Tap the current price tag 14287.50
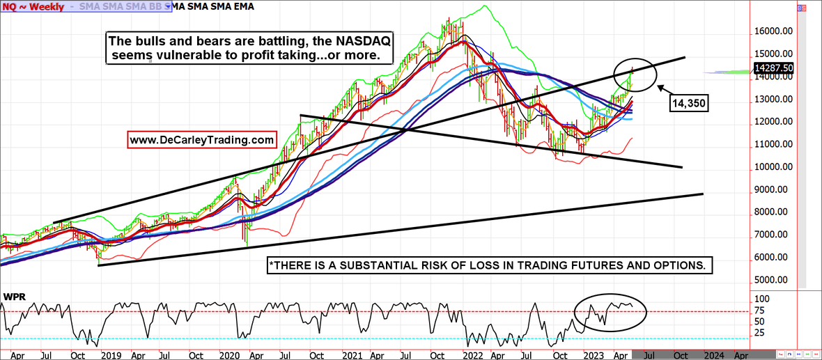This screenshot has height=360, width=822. click(774, 68)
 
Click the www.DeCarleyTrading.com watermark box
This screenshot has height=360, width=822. click(202, 140)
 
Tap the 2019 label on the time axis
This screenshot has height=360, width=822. click(111, 354)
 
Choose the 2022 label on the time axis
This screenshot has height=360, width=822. click(475, 354)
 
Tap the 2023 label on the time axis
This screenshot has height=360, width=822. click(594, 354)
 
